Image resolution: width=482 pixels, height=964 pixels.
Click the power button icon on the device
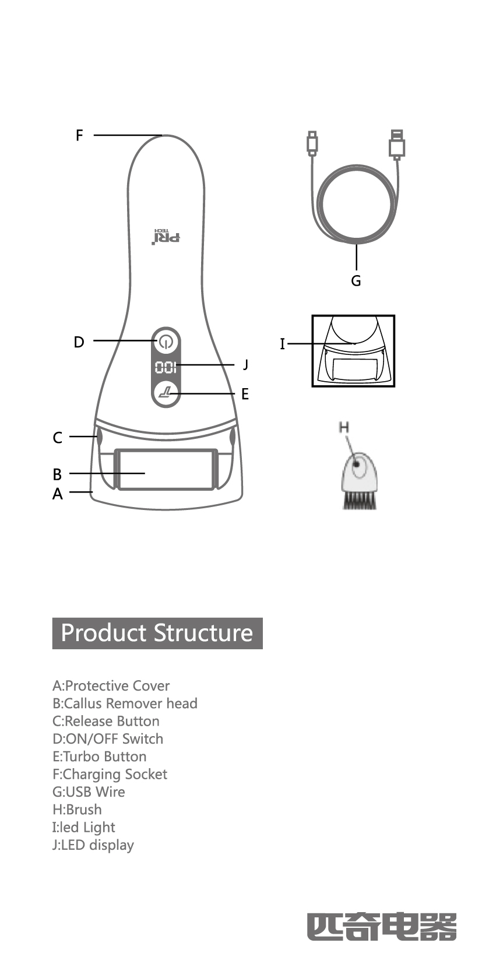pyautogui.click(x=166, y=342)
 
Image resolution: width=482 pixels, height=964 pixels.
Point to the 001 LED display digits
pyautogui.click(x=166, y=368)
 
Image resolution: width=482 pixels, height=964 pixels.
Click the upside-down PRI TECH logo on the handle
pyautogui.click(x=167, y=236)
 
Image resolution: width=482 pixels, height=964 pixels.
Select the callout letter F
pyautogui.click(x=80, y=135)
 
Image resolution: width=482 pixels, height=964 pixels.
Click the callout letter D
pyautogui.click(x=79, y=342)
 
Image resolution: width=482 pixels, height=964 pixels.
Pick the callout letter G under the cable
pyautogui.click(x=356, y=281)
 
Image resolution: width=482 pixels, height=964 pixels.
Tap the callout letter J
pyautogui.click(x=246, y=365)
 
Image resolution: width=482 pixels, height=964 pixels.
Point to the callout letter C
pyautogui.click(x=57, y=437)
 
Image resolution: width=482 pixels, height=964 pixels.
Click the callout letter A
pyautogui.click(x=57, y=494)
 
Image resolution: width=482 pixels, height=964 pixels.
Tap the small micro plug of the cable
pyautogui.click(x=312, y=143)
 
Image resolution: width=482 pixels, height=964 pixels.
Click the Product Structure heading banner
pyautogui.click(x=157, y=633)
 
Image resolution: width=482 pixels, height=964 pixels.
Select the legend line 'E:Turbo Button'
pyautogui.click(x=100, y=757)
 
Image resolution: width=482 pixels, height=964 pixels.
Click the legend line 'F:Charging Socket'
pyautogui.click(x=110, y=774)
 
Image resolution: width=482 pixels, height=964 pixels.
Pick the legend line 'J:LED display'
pyautogui.click(x=93, y=845)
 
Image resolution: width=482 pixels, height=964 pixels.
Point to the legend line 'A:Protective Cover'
pyautogui.click(x=111, y=686)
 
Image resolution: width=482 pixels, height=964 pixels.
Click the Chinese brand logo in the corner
pyautogui.click(x=382, y=927)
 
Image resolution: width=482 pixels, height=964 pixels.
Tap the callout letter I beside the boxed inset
pyautogui.click(x=283, y=344)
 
